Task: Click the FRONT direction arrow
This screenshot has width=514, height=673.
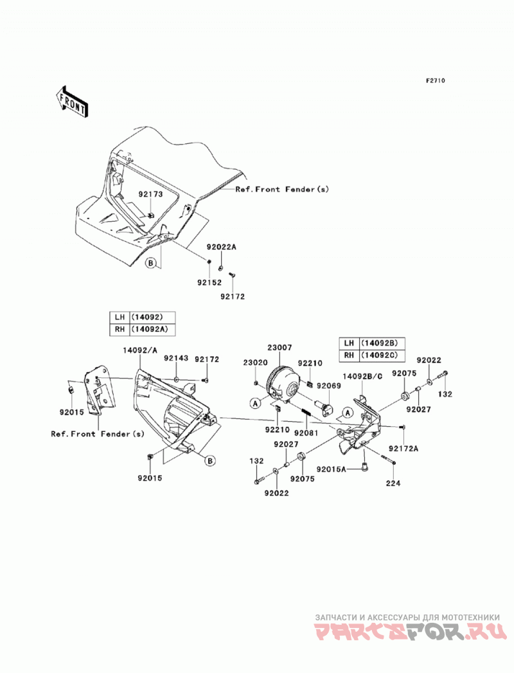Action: (x=71, y=102)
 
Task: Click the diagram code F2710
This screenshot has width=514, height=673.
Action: (x=435, y=80)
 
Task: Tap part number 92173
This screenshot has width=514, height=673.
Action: (x=150, y=194)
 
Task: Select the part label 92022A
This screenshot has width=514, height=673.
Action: (x=222, y=247)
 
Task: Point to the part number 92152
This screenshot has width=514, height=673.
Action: (x=209, y=282)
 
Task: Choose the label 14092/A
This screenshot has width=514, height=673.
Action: (x=140, y=350)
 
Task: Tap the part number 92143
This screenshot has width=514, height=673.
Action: (x=176, y=358)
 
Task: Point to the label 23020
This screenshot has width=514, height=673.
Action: (x=255, y=363)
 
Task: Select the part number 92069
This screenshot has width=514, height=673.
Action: (x=329, y=386)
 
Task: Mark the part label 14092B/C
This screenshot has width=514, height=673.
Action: (x=362, y=376)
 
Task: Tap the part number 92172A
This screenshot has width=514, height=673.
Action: (x=403, y=449)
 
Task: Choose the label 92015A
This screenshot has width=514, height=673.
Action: (x=332, y=469)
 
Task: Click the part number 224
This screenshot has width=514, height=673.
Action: (x=393, y=483)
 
